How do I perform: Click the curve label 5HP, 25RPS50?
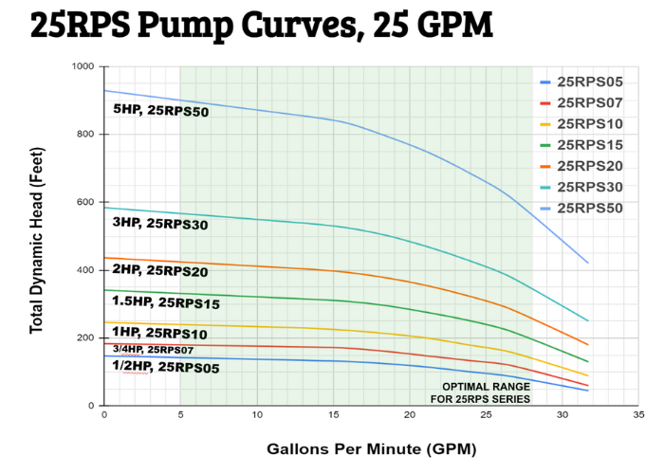(x=161, y=111)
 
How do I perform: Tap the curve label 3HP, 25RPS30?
(x=159, y=225)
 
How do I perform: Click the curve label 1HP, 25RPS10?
(x=159, y=333)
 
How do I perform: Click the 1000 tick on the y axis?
(x=83, y=66)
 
